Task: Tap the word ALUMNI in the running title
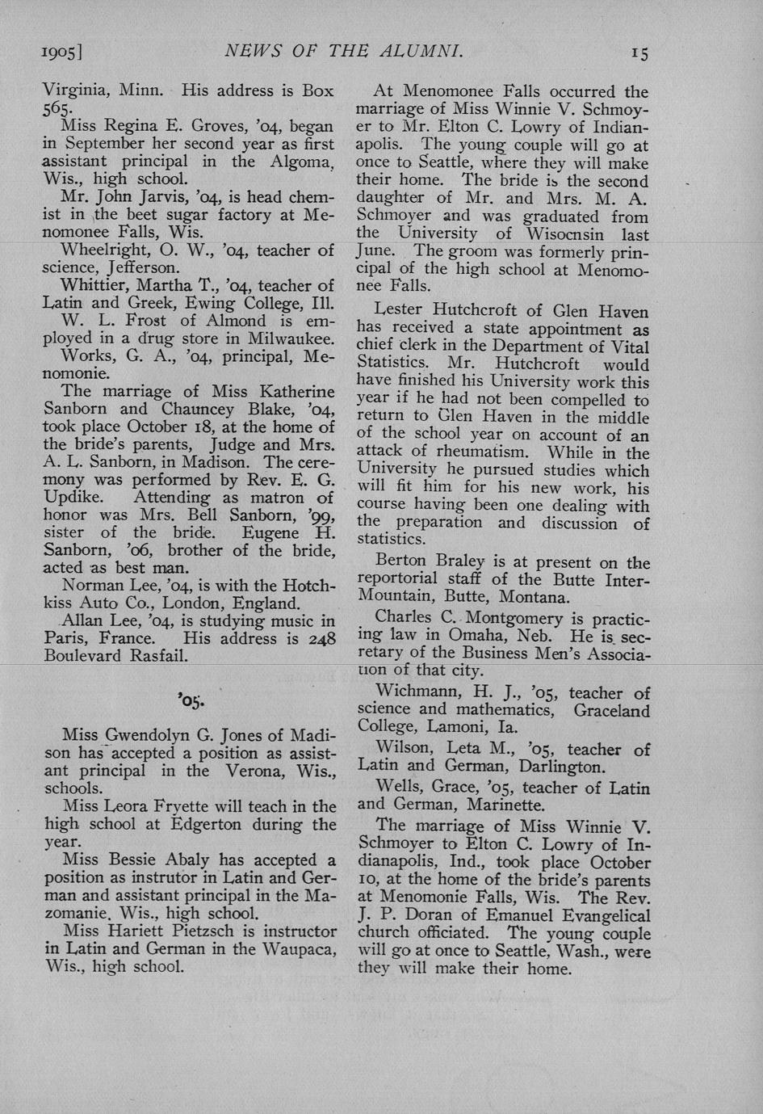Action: [x=423, y=52]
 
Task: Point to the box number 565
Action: [x=59, y=108]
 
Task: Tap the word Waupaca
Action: [x=299, y=948]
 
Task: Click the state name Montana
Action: [x=535, y=598]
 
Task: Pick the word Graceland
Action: [x=611, y=711]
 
